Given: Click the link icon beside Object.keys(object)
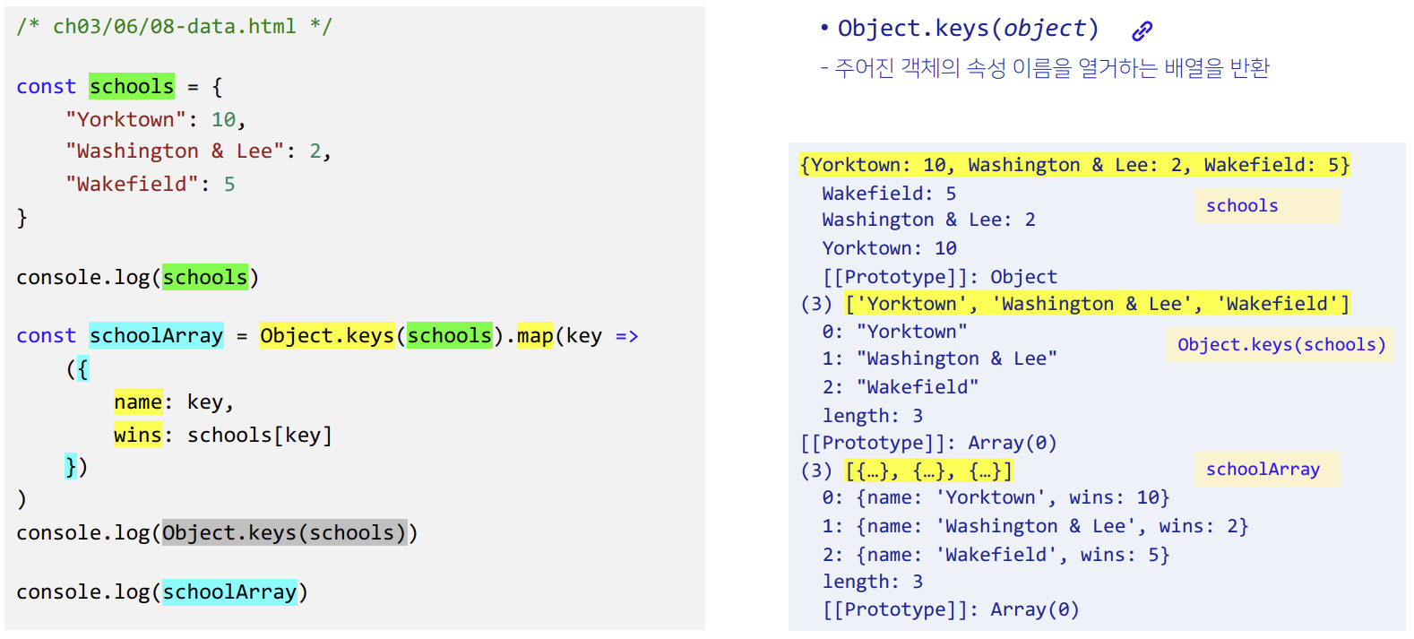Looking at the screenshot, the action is click(1142, 30).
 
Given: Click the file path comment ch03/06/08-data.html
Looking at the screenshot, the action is click(174, 27).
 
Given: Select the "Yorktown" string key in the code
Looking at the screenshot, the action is click(125, 119).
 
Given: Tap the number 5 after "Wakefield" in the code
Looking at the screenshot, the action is click(230, 184).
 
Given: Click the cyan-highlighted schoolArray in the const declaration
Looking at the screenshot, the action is click(156, 335).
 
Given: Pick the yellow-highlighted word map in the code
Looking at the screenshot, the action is click(535, 335).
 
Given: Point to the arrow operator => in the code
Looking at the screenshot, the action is click(626, 336).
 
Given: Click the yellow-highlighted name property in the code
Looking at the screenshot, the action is click(138, 402).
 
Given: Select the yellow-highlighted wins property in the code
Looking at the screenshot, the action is click(138, 435).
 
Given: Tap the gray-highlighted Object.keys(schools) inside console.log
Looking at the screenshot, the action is click(284, 532).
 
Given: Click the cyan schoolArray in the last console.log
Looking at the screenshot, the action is click(229, 592).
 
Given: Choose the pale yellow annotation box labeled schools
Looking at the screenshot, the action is click(1265, 205).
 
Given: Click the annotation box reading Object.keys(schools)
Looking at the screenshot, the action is click(1280, 344).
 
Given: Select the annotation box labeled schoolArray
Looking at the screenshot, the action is click(1265, 469).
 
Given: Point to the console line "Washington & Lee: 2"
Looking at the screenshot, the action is click(928, 220).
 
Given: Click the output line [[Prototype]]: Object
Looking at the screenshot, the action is click(939, 277).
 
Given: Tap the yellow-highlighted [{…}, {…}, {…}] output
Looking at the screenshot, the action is click(928, 471).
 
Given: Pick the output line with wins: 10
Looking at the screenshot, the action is click(996, 497).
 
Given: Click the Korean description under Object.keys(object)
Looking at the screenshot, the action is click(1045, 68).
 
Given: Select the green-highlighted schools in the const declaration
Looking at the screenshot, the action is click(132, 86).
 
